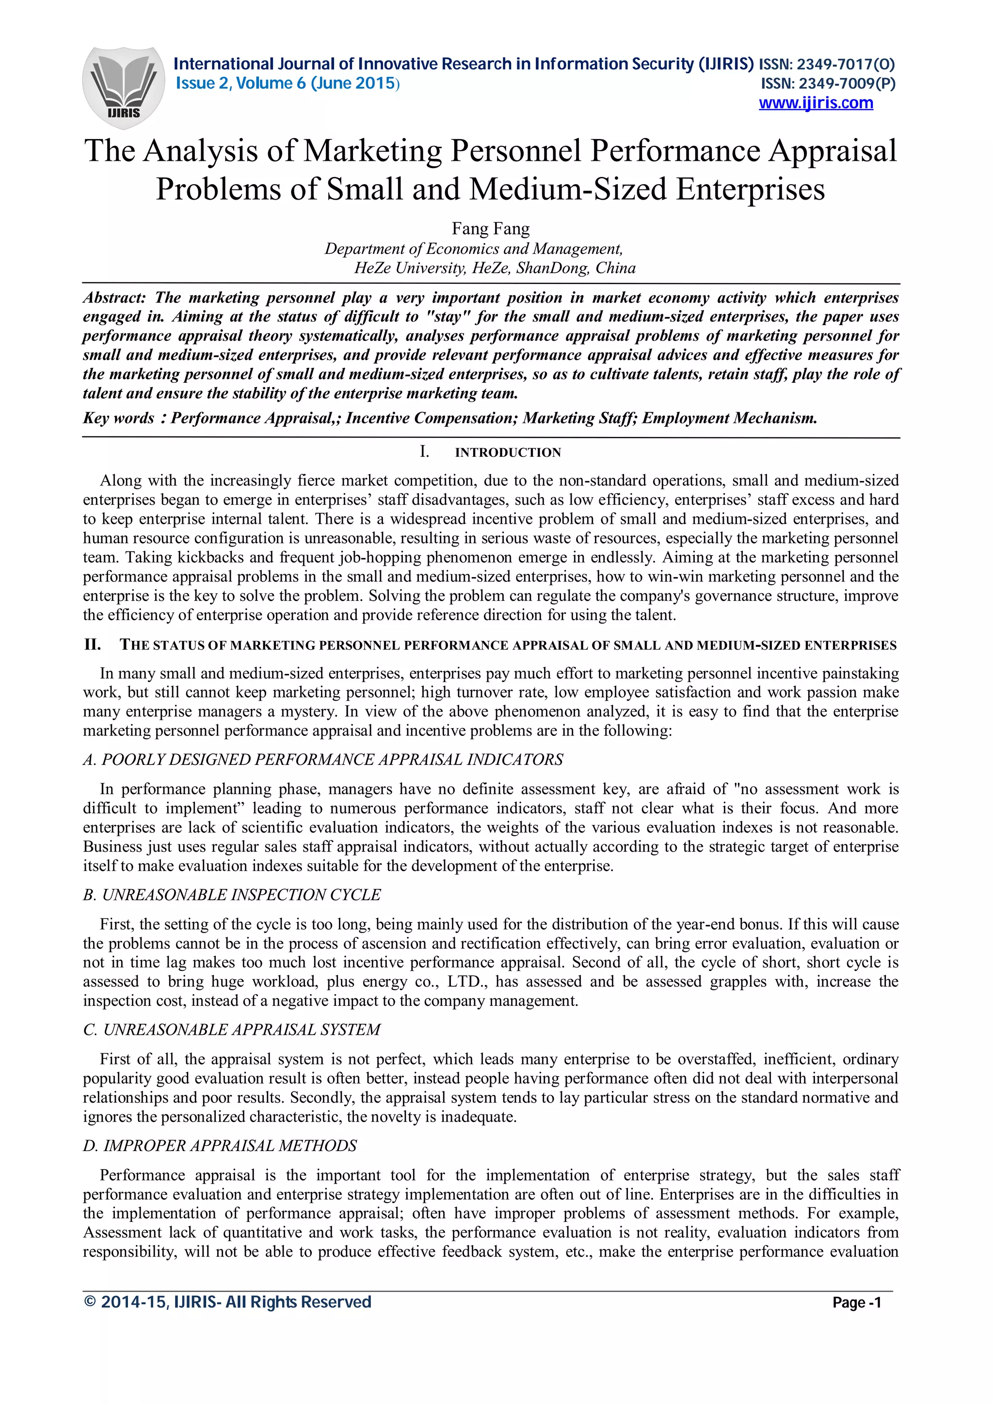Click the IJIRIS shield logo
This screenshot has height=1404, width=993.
124,87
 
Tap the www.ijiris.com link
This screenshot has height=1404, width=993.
816,103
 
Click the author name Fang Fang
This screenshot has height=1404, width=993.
491,229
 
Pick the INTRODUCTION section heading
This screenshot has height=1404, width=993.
507,452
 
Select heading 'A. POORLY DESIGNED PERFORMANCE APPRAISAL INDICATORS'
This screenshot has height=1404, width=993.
323,760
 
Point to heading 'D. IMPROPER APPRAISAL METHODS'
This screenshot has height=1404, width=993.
220,1145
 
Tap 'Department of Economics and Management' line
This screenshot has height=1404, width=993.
474,249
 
